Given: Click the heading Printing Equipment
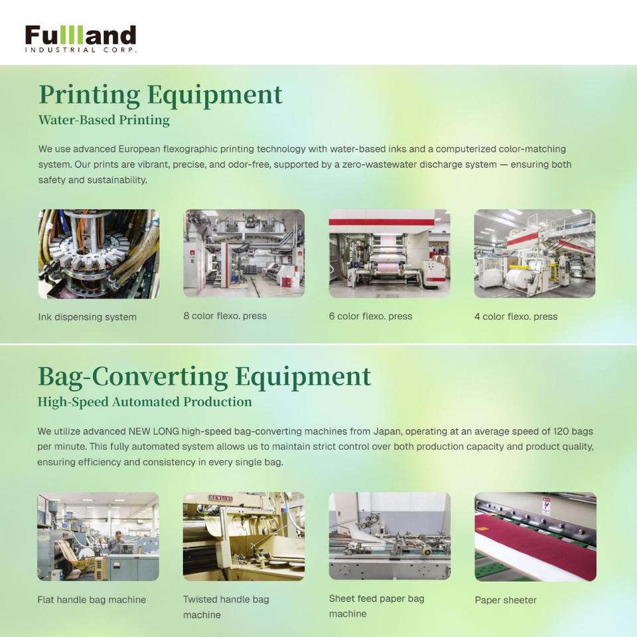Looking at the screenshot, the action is pos(161,95).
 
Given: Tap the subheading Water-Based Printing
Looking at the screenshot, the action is pos(104,120).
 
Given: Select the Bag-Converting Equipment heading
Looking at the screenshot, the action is pos(204,377).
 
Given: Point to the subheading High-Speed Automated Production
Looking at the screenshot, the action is pos(145,402).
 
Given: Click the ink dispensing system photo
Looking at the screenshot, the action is pos(99,254).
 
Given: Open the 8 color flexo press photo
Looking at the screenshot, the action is pos(244,253).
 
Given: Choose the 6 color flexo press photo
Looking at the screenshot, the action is pos(389,253).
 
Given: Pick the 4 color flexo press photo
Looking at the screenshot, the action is pos(535,253).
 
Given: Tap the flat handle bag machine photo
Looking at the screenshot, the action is pos(98,536).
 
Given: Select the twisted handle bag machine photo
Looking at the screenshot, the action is pos(244,536).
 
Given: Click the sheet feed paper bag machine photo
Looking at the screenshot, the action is pos(389,536).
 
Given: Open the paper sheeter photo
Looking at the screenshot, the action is pos(535,537).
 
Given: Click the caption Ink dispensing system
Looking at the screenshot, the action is pos(88,317).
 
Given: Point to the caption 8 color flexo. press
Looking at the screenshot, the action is pos(225,316).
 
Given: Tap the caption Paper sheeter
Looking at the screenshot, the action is pos(506,600).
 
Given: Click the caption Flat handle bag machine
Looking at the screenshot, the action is pos(92,600).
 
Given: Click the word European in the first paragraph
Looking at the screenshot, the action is pos(139,149).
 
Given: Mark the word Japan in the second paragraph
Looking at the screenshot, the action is pos(387,431).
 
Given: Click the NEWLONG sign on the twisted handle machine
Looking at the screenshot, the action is pos(220,498).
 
